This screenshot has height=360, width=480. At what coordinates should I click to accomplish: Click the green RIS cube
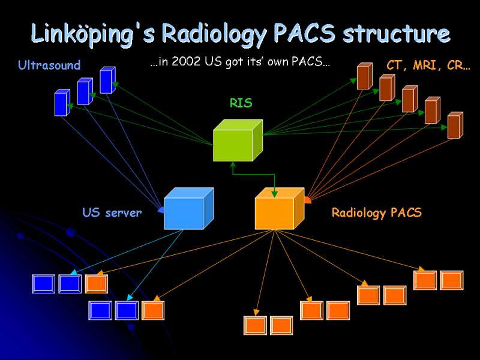(238, 140)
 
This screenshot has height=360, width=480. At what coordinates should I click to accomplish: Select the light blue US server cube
(189, 208)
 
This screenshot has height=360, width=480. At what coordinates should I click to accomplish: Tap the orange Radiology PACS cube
(280, 208)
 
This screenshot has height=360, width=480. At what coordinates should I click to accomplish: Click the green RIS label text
(241, 103)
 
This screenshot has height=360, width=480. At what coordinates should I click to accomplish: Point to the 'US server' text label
(112, 212)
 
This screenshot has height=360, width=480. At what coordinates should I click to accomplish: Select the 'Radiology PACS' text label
(377, 213)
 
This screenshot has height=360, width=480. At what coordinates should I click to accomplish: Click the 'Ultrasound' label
(49, 65)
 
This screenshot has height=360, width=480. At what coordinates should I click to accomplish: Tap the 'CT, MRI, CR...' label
(428, 65)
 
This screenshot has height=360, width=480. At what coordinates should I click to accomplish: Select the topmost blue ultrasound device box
(108, 80)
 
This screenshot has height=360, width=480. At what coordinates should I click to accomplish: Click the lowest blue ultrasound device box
(62, 103)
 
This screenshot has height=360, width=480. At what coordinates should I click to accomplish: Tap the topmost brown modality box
(365, 76)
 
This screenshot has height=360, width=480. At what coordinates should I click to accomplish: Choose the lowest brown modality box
(455, 125)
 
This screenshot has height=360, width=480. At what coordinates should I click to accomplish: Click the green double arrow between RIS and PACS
(254, 175)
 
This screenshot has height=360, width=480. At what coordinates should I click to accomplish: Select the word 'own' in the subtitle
(278, 62)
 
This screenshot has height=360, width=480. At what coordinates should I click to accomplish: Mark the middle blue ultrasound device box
(85, 91)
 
